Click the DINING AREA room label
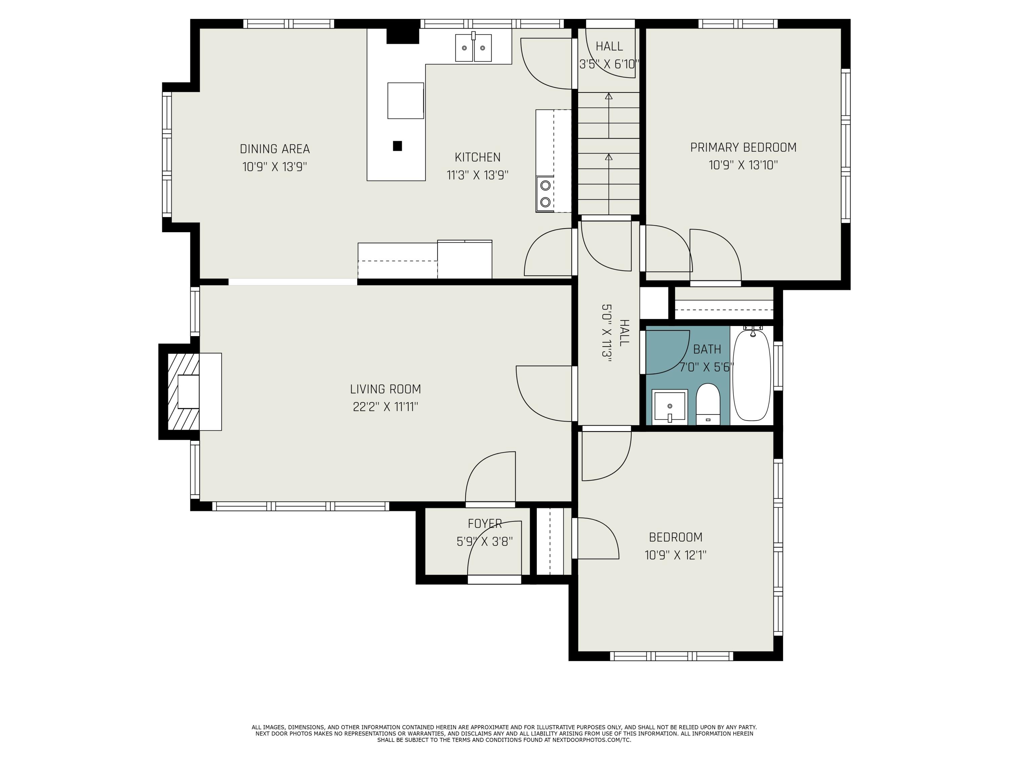(x=274, y=149)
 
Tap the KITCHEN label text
(x=478, y=157)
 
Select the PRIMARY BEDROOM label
(x=743, y=148)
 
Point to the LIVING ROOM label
(x=385, y=389)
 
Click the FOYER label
(x=484, y=524)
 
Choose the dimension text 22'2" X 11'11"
(x=385, y=406)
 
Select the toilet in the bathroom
(x=708, y=404)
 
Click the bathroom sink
(x=670, y=405)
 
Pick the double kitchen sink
(x=474, y=47)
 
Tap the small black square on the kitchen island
(x=397, y=146)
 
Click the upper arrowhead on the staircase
(x=608, y=96)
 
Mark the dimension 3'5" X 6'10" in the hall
(x=609, y=64)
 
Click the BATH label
(x=707, y=350)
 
